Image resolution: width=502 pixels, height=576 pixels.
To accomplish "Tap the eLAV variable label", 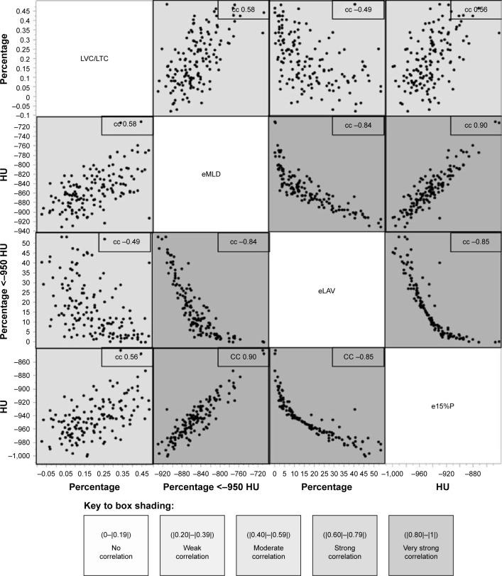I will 327,290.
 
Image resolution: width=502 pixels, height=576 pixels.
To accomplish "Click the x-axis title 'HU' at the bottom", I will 442,487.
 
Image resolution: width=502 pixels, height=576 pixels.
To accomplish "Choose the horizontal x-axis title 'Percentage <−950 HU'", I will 210,487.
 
